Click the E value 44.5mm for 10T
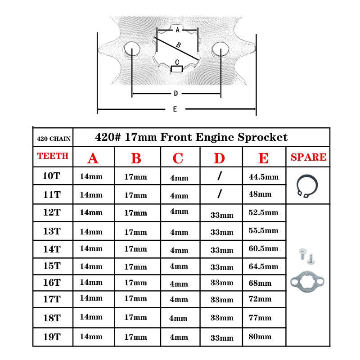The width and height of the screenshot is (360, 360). (264, 177)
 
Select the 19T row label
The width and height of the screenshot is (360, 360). (52, 337)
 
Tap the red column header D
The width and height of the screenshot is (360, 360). (219, 158)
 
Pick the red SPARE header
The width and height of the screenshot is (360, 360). (308, 157)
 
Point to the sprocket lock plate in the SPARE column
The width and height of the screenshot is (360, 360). (307, 282)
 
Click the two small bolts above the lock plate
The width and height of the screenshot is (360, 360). (306, 256)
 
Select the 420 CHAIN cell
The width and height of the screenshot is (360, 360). (54, 139)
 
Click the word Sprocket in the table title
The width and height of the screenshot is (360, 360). (262, 137)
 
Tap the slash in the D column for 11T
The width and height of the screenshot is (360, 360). (220, 193)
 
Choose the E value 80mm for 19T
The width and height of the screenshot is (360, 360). (260, 337)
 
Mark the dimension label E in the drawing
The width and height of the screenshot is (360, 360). (175, 109)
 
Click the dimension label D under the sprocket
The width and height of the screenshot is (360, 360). (176, 94)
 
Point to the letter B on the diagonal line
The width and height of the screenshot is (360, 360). (179, 45)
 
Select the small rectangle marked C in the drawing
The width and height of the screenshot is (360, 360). (177, 69)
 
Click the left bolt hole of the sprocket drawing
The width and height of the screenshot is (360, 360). (132, 49)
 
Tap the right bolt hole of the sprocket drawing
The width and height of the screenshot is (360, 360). (220, 49)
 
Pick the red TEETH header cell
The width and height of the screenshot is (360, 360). (53, 156)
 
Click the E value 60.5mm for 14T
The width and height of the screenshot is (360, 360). (263, 248)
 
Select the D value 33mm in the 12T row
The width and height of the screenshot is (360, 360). (222, 215)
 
